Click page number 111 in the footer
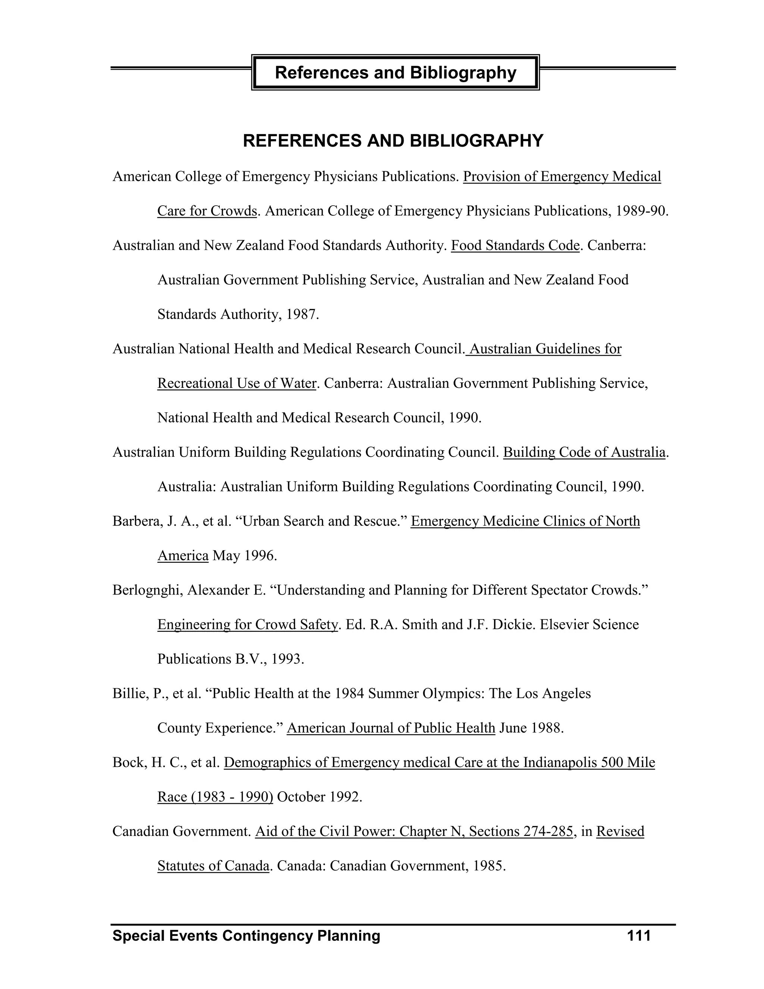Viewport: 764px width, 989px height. pos(639,936)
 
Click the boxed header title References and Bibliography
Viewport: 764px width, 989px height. pos(395,72)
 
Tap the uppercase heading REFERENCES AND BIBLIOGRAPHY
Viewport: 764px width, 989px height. pos(393,141)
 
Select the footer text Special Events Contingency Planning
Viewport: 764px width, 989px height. pos(246,936)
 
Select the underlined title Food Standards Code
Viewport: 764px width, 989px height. pos(515,246)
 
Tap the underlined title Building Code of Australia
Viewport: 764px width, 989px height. pos(584,452)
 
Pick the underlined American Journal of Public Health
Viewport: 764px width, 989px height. pos(391,728)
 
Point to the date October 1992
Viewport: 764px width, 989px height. pos(320,796)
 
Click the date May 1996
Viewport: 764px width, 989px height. pos(244,556)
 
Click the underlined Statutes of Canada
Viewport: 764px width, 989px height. pos(213,865)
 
